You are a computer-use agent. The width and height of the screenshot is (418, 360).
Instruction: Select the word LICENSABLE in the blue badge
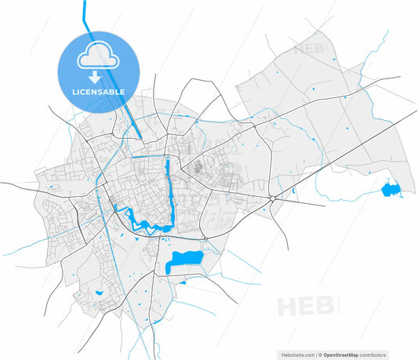click(x=98, y=92)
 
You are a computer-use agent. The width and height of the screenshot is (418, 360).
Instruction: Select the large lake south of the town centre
click(x=184, y=260)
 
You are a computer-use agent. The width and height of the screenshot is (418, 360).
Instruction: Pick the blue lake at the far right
click(x=390, y=188)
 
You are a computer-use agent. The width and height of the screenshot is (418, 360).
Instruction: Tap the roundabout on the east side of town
click(x=271, y=199)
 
